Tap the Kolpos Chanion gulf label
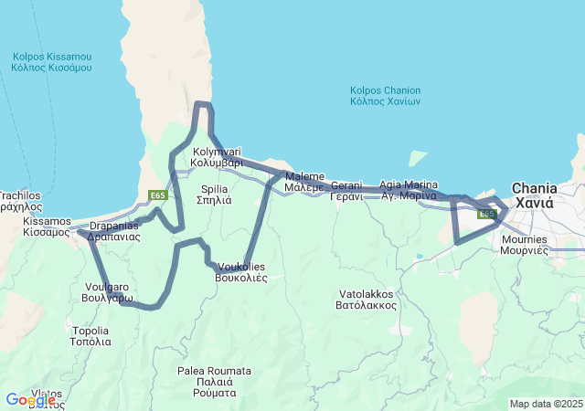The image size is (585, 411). click(x=385, y=96)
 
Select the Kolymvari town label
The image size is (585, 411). click(x=217, y=155)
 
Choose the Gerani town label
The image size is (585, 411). click(x=346, y=190)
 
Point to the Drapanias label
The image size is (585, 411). click(x=114, y=230)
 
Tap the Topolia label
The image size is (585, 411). click(x=90, y=335)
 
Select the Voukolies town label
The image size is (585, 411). click(x=240, y=271)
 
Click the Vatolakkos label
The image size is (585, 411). click(x=366, y=300)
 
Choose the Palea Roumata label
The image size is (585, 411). click(x=214, y=381)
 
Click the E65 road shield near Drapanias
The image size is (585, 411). click(x=157, y=195)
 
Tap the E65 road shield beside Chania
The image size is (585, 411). click(x=487, y=214)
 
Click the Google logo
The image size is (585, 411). click(x=30, y=400)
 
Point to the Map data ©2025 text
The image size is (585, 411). click(x=545, y=404)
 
